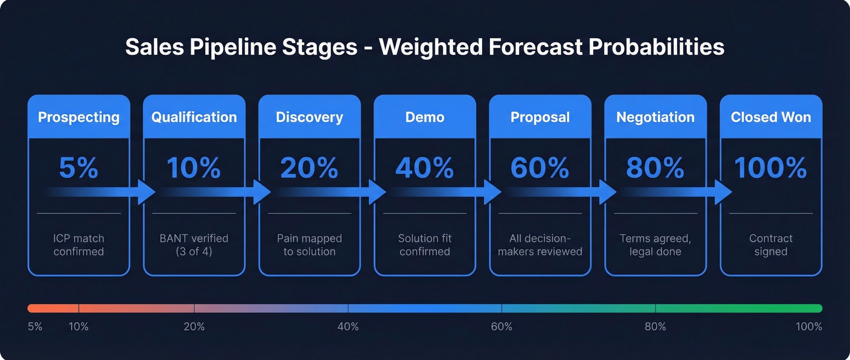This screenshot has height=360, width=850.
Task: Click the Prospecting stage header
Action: point(79,117)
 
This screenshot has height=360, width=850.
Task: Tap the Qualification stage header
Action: point(194,117)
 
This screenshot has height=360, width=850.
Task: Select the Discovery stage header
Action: point(310,117)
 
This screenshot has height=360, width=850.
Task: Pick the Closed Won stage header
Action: point(771,117)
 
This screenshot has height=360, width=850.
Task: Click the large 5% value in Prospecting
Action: point(79,168)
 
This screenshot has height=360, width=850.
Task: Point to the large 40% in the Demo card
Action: point(425,168)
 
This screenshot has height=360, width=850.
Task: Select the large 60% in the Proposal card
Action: point(540,168)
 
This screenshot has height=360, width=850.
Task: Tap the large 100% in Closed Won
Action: point(771,168)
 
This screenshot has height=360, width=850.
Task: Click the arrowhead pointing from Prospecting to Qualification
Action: point(146,192)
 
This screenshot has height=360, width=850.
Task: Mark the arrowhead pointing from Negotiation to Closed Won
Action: point(723,192)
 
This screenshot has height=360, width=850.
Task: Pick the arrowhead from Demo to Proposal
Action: point(492,192)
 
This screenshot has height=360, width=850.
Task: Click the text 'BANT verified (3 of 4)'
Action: point(194,245)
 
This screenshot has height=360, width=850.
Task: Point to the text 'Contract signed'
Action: point(771,245)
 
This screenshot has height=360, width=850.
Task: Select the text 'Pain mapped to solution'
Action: point(310,245)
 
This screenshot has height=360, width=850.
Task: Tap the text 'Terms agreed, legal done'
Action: point(656,245)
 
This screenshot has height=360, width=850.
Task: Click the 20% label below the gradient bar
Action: point(194,327)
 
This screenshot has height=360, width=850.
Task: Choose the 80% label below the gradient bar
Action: point(656,327)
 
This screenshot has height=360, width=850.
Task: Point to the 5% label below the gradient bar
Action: point(35,327)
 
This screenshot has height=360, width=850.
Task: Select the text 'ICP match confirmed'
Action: point(79,245)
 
